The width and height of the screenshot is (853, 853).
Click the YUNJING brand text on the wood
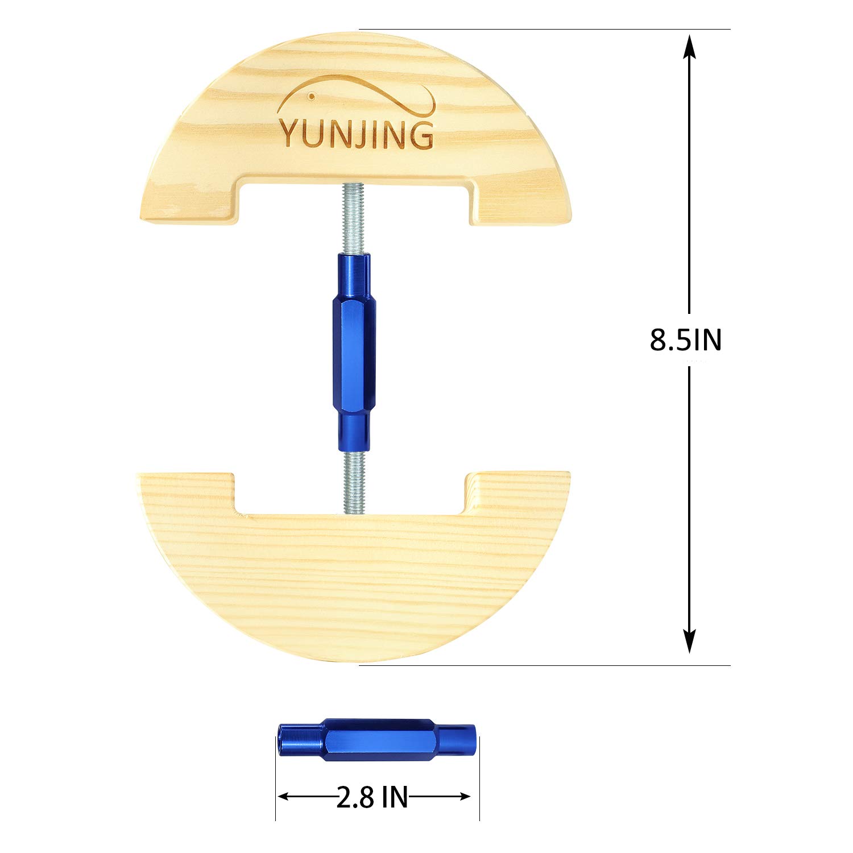pos(356,134)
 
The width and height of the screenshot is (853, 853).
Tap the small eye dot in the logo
pos(311,97)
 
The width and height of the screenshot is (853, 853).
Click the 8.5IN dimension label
pos(685,340)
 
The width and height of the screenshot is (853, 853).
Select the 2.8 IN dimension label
pos(372,797)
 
